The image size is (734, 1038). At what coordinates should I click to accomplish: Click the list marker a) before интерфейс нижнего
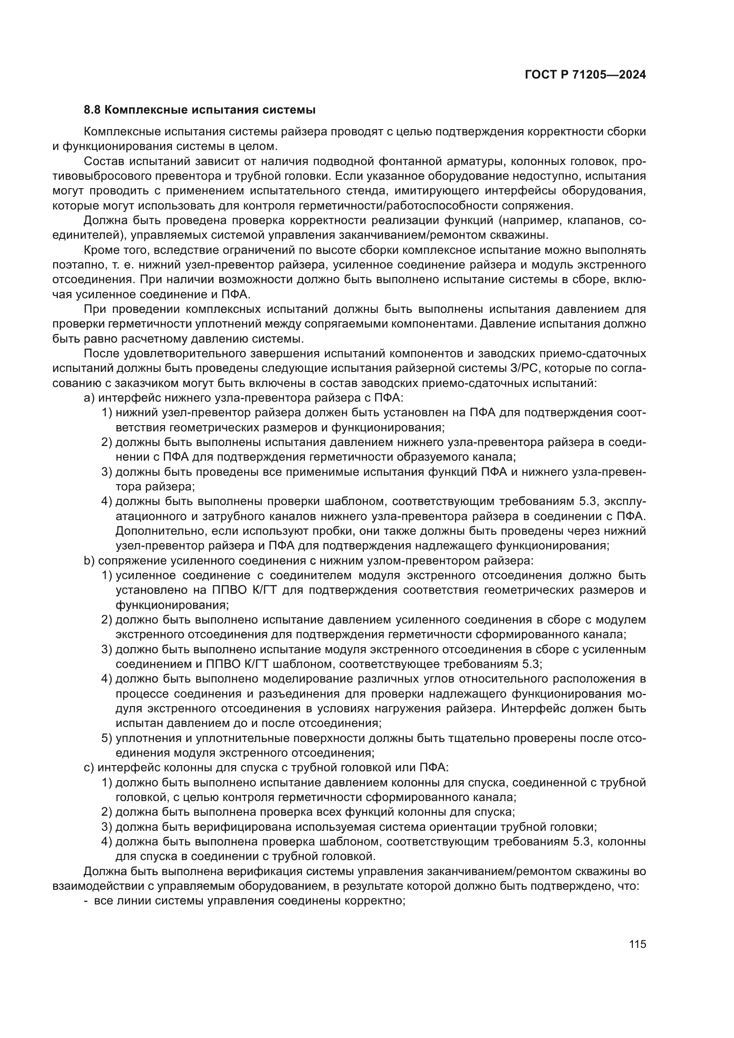[89, 398]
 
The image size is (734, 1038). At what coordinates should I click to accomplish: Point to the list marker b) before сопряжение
[89, 560]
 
